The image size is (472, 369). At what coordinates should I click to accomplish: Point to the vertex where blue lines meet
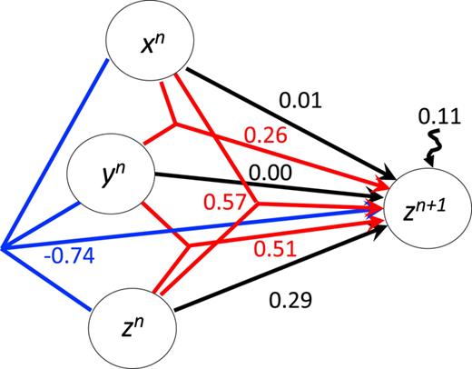4,246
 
